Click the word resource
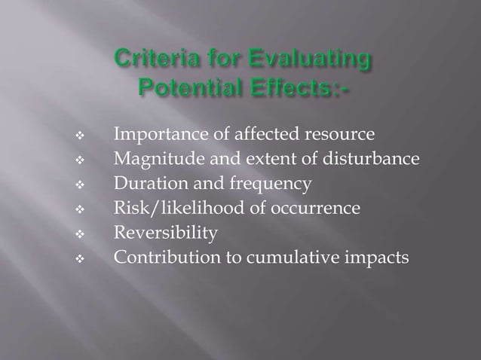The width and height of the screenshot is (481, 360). [x=339, y=136]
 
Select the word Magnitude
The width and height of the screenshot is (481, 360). [x=154, y=160]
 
